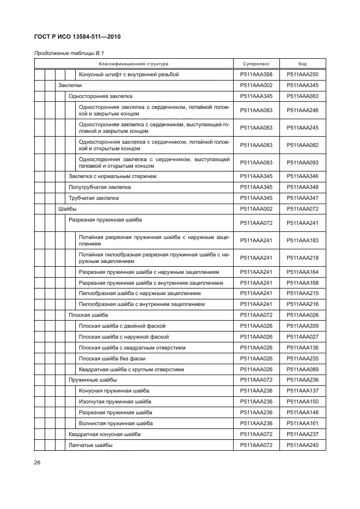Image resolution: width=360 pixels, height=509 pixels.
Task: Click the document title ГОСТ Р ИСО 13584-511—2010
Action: [77, 37]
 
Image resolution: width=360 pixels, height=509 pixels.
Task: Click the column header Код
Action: [302, 64]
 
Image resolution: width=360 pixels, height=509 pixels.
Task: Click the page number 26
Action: [38, 463]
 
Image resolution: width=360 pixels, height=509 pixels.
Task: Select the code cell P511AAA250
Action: [302, 75]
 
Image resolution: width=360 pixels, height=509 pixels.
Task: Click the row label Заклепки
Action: [70, 85]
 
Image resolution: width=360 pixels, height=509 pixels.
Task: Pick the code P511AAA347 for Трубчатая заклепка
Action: [302, 198]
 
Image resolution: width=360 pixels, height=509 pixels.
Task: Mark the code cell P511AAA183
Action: [302, 240]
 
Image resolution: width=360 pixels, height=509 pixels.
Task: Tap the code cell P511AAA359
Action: [302, 326]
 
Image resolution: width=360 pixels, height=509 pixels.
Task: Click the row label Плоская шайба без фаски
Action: [112, 359]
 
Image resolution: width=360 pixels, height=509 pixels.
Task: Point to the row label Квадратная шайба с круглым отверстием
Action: [131, 370]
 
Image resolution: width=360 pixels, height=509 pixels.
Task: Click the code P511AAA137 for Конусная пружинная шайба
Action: [302, 391]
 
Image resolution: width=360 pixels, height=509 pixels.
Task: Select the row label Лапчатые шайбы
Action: [90, 445]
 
